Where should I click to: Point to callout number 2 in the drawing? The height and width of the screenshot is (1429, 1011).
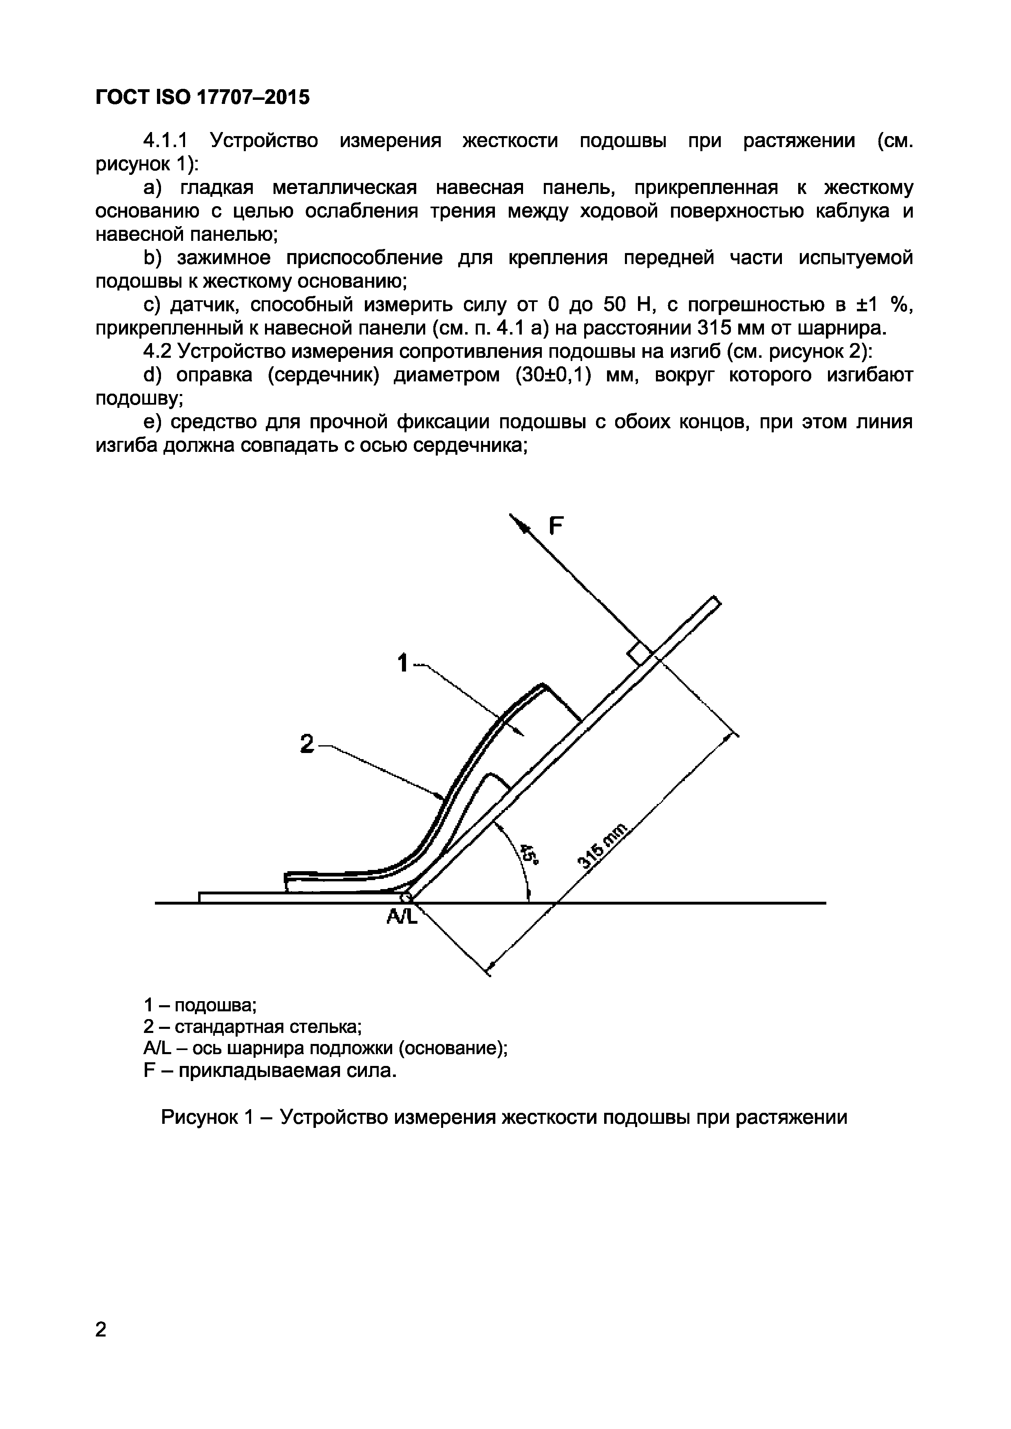click(x=307, y=743)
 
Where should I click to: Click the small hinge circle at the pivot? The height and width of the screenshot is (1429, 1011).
click(x=406, y=898)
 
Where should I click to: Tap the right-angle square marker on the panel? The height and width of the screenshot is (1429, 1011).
click(x=639, y=655)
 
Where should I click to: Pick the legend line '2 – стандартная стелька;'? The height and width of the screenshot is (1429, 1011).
click(x=252, y=1027)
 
